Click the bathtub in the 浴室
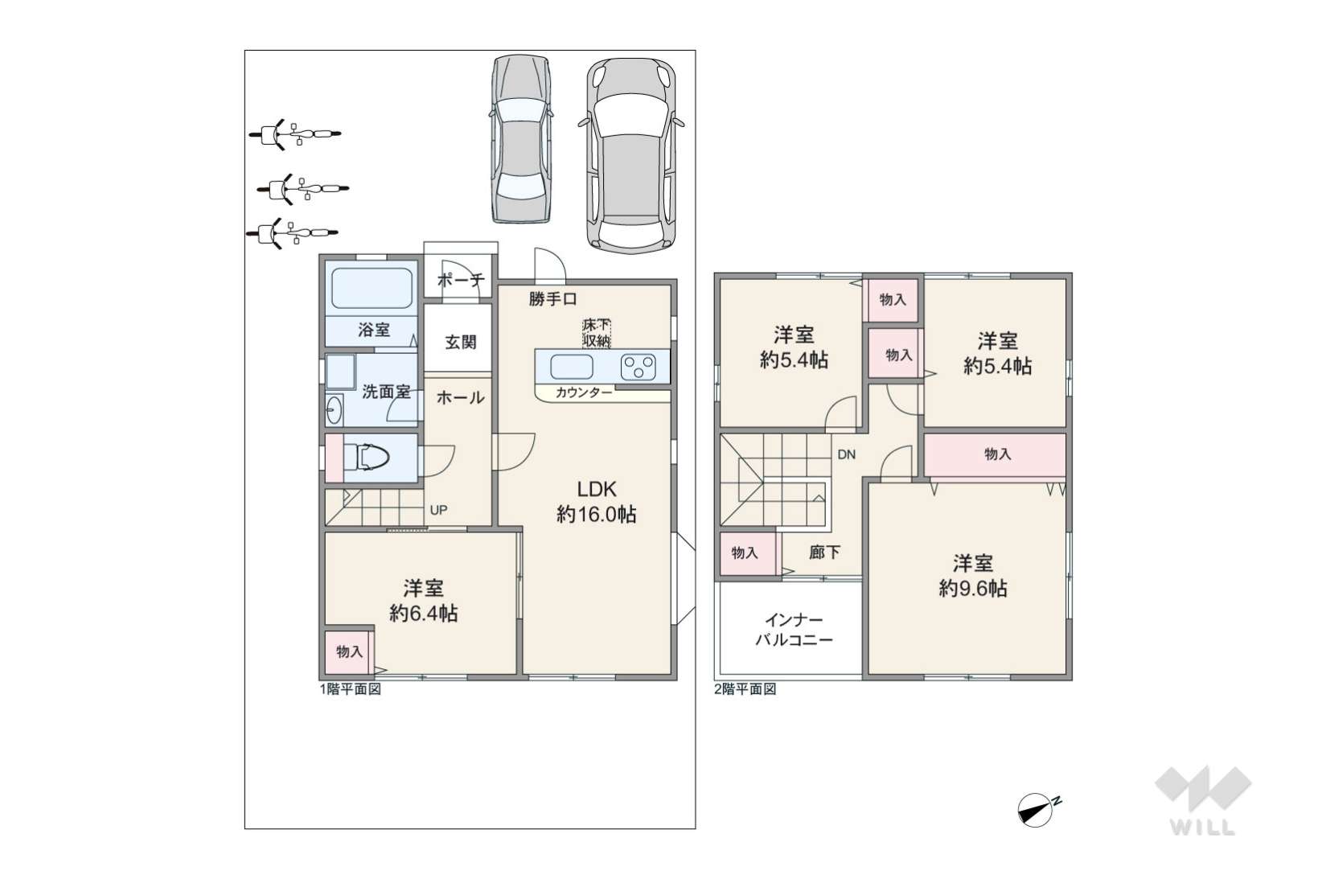click(372, 288)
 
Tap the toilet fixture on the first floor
click(367, 457)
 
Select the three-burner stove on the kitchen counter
click(638, 368)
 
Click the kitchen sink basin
click(571, 367)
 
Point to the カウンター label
click(584, 392)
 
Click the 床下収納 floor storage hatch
click(597, 333)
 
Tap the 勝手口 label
click(552, 299)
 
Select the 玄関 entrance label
click(460, 342)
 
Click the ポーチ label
click(461, 280)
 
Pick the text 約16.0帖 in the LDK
click(596, 514)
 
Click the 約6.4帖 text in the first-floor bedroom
click(423, 613)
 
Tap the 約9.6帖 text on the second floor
click(972, 588)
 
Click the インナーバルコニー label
click(794, 630)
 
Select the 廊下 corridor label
click(824, 552)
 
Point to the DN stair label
click(847, 454)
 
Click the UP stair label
click(438, 510)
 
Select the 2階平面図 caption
click(745, 689)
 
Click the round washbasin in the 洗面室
click(335, 409)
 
